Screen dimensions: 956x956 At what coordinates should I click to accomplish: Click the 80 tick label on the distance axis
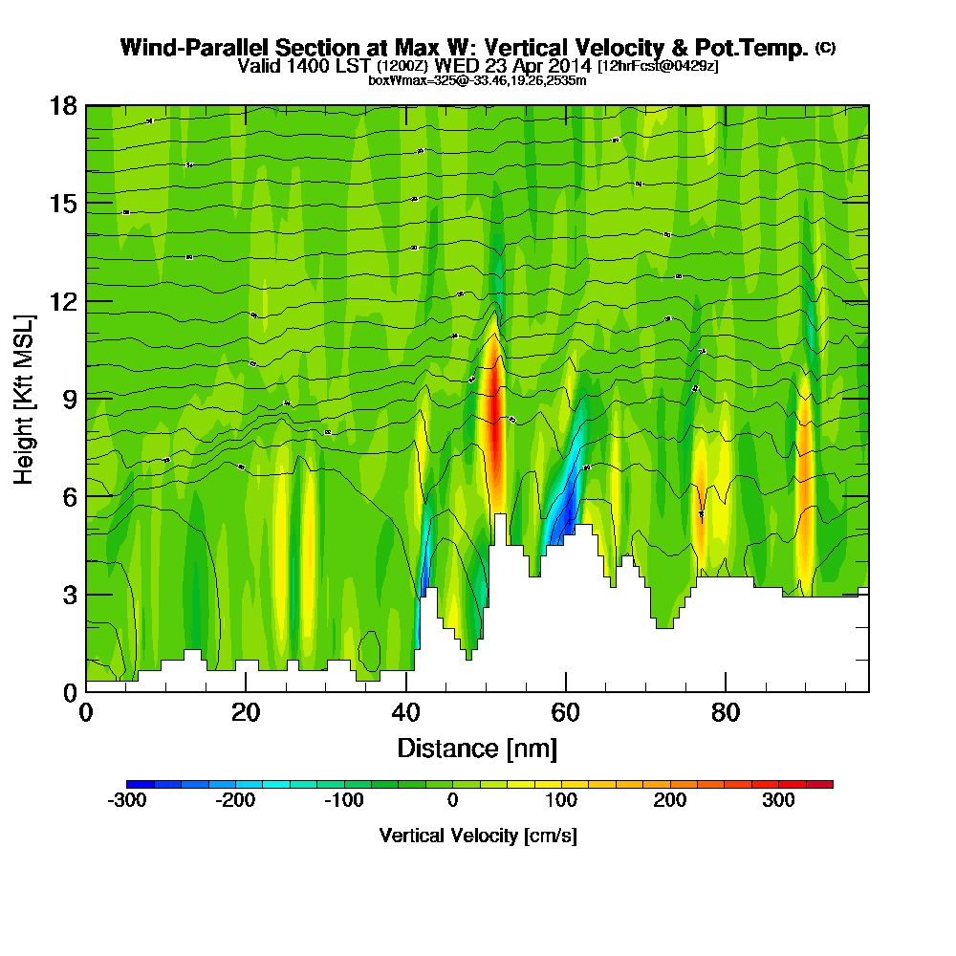click(726, 713)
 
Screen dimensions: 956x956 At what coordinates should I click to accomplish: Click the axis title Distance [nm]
click(477, 747)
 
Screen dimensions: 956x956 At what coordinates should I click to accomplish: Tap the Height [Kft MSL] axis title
click(24, 398)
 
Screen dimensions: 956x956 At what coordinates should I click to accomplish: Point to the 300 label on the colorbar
click(778, 801)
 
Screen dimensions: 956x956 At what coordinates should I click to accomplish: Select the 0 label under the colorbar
click(452, 801)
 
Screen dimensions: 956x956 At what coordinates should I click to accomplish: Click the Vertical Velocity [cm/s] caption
click(477, 836)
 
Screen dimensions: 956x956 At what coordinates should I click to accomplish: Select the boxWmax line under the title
click(477, 80)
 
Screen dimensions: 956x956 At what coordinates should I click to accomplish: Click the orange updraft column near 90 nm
click(804, 478)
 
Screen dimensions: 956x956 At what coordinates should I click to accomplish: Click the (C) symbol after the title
click(825, 48)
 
